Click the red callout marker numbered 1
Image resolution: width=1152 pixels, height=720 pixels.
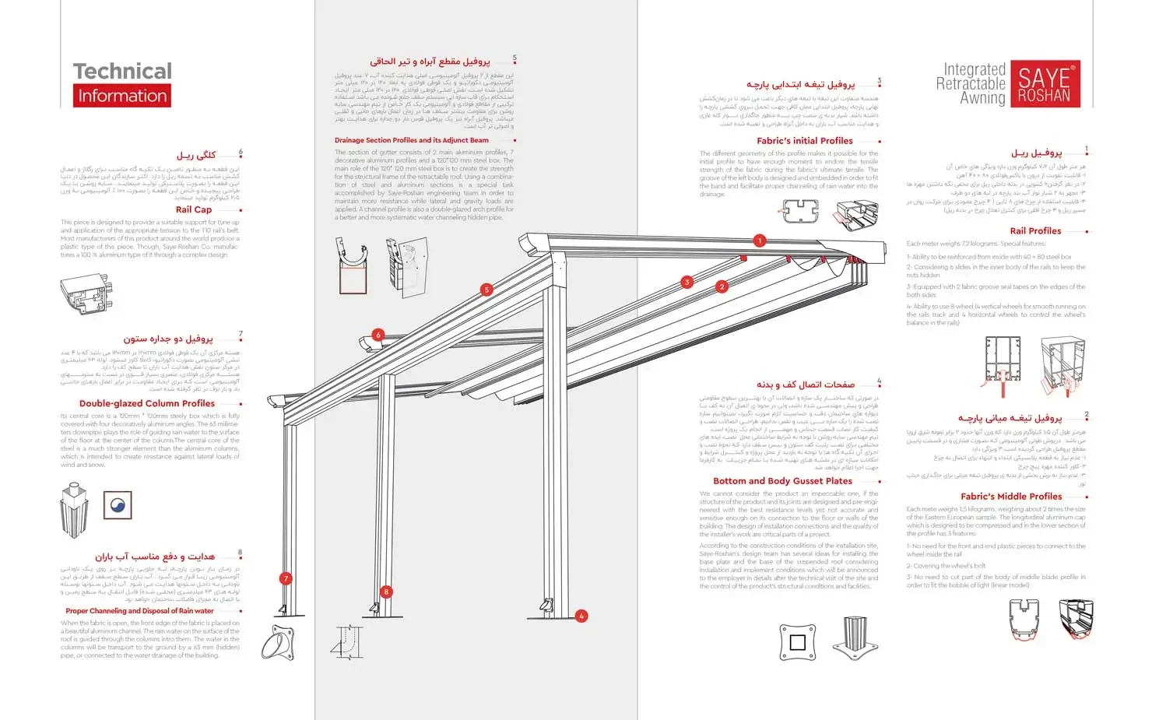click(760, 241)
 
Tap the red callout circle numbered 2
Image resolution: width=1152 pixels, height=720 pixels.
click(722, 286)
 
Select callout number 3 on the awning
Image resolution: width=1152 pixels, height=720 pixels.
click(687, 282)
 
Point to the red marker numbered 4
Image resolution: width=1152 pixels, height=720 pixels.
click(581, 616)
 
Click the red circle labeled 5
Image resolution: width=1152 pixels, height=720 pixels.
click(486, 290)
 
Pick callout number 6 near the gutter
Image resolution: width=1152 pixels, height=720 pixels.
click(378, 335)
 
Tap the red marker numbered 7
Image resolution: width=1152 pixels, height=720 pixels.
click(286, 578)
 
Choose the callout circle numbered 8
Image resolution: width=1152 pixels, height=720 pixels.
click(385, 592)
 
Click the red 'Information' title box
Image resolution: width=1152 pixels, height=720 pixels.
click(122, 96)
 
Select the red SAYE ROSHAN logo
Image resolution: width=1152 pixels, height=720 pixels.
click(1044, 84)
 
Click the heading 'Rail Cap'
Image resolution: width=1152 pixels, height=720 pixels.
click(194, 209)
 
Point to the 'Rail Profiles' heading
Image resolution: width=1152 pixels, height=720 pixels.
click(1035, 231)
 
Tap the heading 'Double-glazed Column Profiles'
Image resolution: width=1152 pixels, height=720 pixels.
click(147, 403)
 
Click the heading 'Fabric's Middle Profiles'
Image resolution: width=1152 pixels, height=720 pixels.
click(1011, 496)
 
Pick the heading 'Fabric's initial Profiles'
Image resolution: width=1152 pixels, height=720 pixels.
click(805, 141)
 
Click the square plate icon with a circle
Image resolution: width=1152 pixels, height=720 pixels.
click(118, 505)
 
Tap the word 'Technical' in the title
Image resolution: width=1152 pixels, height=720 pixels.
click(122, 72)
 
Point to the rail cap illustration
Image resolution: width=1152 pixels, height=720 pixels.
click(86, 293)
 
